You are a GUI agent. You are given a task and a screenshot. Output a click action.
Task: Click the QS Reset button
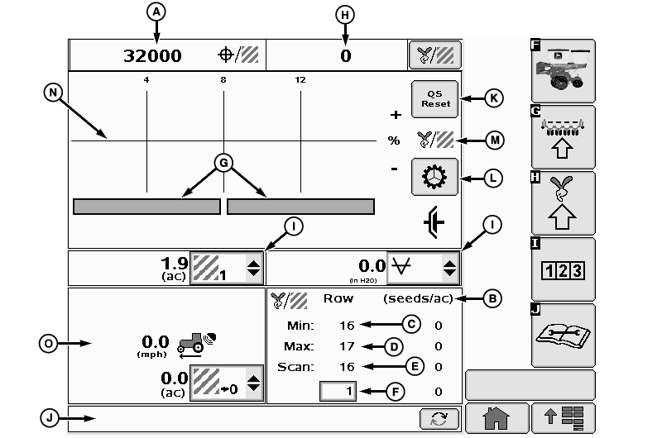(434, 99)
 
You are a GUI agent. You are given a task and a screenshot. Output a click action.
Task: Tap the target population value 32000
(152, 55)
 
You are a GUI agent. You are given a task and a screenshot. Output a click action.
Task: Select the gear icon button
(434, 177)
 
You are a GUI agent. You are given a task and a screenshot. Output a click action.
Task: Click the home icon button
(496, 418)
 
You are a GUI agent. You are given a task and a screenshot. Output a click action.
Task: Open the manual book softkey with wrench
(564, 336)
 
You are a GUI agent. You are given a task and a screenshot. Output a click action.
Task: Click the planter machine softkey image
(564, 71)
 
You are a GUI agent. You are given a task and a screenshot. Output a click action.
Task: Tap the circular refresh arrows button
(439, 419)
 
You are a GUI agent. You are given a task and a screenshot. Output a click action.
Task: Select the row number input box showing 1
(338, 391)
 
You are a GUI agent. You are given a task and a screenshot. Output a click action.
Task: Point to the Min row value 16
(347, 326)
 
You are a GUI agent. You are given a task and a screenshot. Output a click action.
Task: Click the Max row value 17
(347, 346)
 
